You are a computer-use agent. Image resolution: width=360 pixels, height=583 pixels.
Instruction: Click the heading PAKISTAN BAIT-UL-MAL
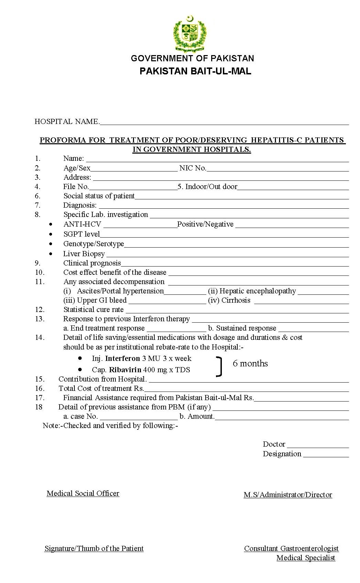[195, 71]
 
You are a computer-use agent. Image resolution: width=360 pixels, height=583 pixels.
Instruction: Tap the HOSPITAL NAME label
[67, 122]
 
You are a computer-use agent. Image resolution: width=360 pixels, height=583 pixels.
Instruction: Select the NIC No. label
[193, 168]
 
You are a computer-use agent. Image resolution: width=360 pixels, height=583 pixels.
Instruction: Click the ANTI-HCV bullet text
[82, 224]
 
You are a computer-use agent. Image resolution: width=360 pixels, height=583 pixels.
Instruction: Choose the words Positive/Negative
[205, 224]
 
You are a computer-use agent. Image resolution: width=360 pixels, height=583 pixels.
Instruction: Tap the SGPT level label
[82, 234]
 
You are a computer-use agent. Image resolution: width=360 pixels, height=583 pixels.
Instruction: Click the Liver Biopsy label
[84, 254]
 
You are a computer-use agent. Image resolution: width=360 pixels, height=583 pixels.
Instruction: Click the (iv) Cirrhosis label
[229, 300]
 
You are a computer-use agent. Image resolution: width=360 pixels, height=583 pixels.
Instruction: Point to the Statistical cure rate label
[93, 310]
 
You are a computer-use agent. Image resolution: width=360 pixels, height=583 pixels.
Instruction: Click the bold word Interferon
[122, 358]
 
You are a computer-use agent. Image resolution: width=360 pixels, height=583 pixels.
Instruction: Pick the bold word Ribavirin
[125, 370]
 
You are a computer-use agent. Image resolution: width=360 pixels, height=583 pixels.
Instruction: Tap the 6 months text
[250, 364]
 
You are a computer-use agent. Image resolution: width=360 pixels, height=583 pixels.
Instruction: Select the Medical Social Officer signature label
[83, 493]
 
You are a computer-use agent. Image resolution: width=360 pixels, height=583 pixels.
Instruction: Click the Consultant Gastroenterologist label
[291, 549]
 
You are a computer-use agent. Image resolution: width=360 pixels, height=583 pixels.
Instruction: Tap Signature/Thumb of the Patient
[94, 549]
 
